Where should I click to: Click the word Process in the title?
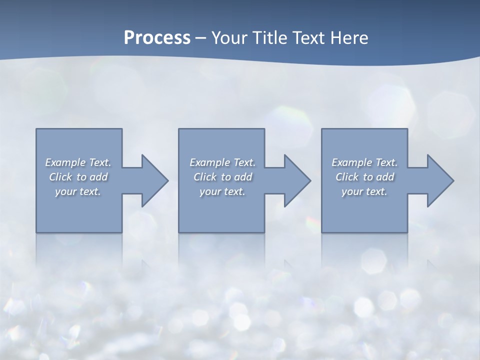pos(157,38)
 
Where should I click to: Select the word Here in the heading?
pos(349,38)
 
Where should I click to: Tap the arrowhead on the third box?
pos(439,180)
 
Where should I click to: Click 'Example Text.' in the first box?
pos(78,162)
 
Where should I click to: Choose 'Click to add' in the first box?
pos(78,177)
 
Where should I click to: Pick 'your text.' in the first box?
pos(78,191)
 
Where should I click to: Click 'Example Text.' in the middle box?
pos(222,162)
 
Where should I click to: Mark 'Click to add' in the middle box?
pos(222,177)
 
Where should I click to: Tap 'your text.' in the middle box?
pos(222,191)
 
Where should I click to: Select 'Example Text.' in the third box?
pos(364,162)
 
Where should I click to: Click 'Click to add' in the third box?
pos(364,177)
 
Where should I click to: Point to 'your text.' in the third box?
pos(364,191)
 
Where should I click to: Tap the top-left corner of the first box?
pos(36,129)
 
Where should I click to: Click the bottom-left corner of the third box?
pos(322,232)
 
